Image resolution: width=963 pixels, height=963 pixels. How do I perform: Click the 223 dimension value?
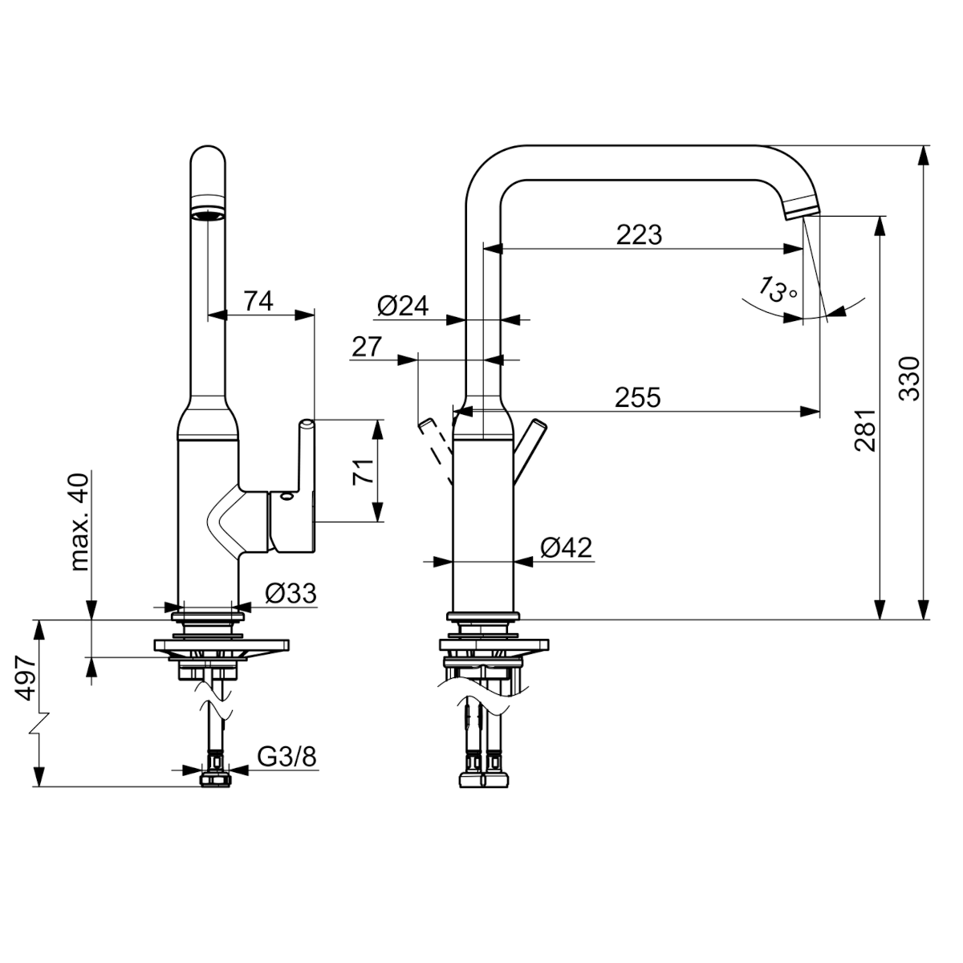tap(638, 234)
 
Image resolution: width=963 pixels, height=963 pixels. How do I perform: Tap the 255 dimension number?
tap(637, 397)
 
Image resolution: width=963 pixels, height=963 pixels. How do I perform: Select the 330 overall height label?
tap(909, 378)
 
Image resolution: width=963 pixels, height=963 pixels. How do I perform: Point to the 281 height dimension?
tap(865, 430)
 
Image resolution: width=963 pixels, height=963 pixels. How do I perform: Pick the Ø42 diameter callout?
tap(567, 548)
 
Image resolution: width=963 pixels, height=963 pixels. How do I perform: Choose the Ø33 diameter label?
tap(291, 593)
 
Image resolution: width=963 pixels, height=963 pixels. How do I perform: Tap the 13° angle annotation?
tap(778, 291)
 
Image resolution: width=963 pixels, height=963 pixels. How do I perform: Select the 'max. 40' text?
tap(80, 522)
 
